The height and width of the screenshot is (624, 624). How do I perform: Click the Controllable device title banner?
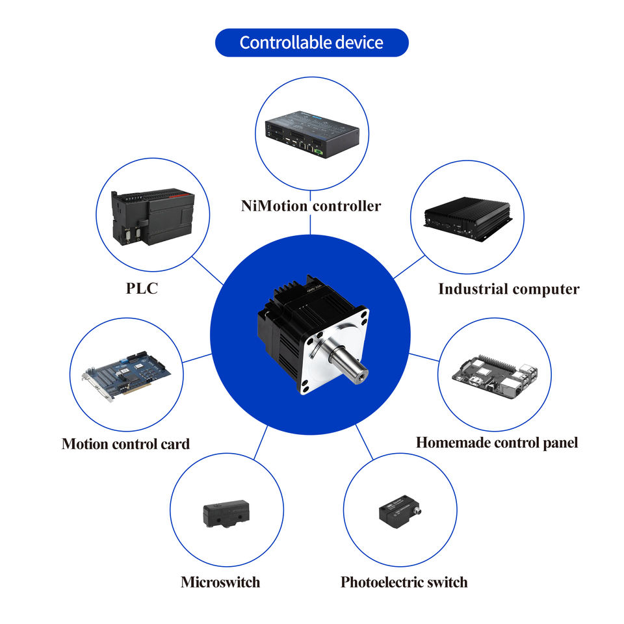click(311, 43)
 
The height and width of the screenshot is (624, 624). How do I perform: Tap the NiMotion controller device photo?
click(311, 134)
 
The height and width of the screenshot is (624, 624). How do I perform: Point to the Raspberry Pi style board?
click(495, 375)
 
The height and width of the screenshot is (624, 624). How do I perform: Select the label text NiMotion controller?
click(311, 206)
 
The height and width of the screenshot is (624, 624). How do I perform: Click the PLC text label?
click(142, 289)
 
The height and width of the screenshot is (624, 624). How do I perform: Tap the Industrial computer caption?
click(508, 289)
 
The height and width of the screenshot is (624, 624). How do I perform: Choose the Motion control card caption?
click(125, 444)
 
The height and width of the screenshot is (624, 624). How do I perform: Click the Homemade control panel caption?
click(497, 443)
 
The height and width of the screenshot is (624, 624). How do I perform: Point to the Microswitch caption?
click(220, 582)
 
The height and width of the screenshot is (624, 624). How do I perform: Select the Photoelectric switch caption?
click(404, 582)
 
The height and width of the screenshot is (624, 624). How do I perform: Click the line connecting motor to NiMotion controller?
click(311, 224)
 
